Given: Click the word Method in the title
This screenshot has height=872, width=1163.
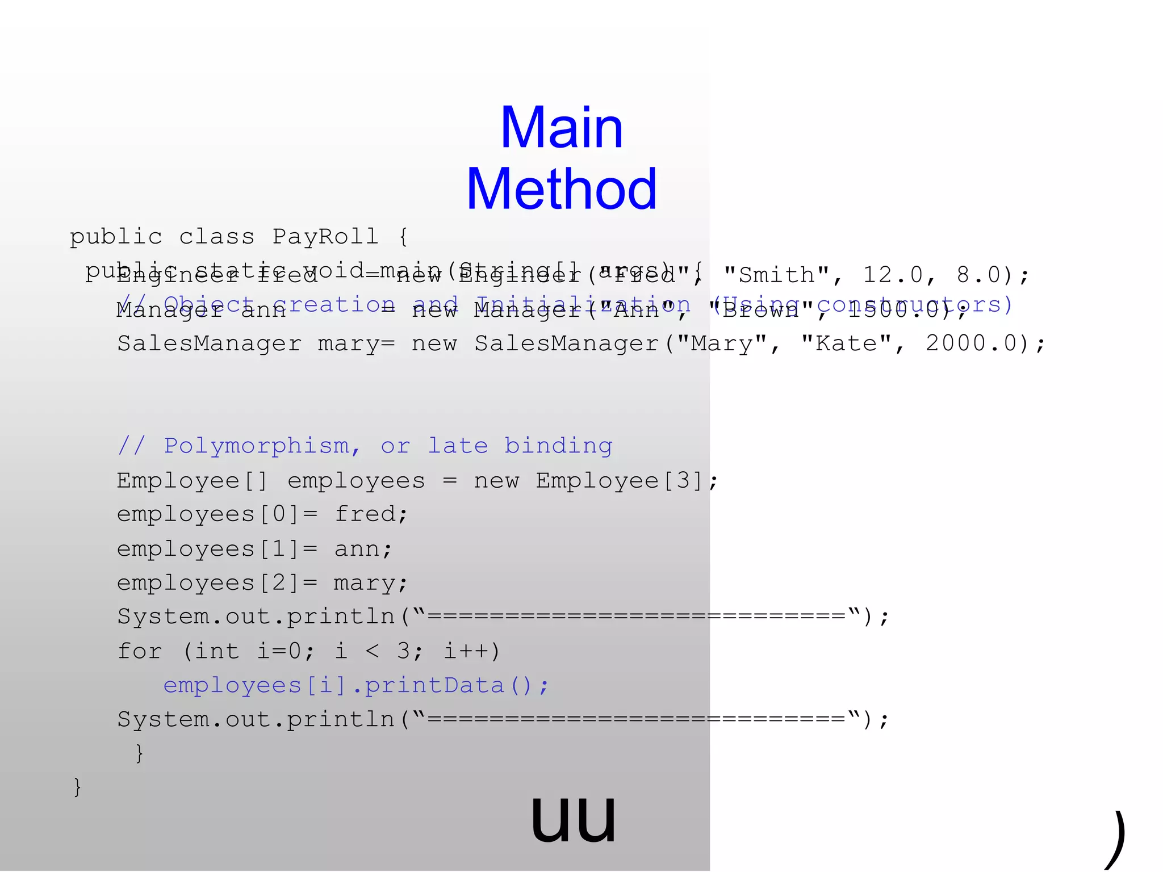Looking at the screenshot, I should tap(562, 190).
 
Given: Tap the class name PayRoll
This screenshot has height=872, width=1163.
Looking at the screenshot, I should tap(325, 237).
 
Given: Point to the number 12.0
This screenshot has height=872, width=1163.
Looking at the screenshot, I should tap(893, 275).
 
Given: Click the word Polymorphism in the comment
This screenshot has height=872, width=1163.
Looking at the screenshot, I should tap(257, 446).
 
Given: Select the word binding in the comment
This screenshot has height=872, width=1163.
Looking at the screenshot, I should tap(558, 446).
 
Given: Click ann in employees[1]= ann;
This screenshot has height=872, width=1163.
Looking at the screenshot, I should tap(357, 549).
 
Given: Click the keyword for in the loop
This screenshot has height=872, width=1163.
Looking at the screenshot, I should tap(140, 651).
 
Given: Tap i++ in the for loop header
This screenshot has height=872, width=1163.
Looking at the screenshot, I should tap(465, 651).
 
